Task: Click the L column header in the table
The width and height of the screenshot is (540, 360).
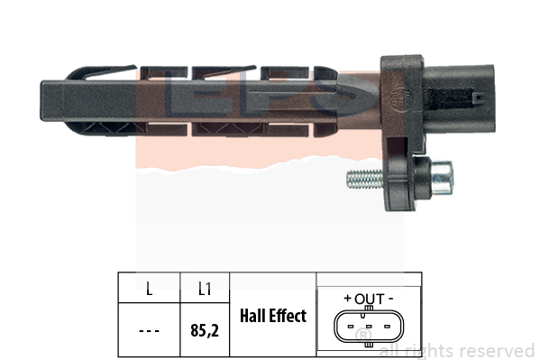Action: click(x=149, y=289)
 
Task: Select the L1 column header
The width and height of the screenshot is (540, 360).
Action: click(x=205, y=289)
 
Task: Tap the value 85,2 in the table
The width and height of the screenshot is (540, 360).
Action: click(x=205, y=330)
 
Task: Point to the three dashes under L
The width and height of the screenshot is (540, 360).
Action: click(x=149, y=331)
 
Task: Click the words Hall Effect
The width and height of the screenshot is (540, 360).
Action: click(x=273, y=316)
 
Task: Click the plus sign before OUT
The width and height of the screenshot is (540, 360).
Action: click(x=348, y=298)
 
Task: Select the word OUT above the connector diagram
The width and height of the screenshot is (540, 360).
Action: click(x=370, y=299)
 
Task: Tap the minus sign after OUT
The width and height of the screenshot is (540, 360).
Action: click(x=390, y=299)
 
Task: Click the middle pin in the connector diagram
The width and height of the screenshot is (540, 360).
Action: click(x=369, y=327)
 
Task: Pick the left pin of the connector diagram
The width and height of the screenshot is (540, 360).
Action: click(x=351, y=327)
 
